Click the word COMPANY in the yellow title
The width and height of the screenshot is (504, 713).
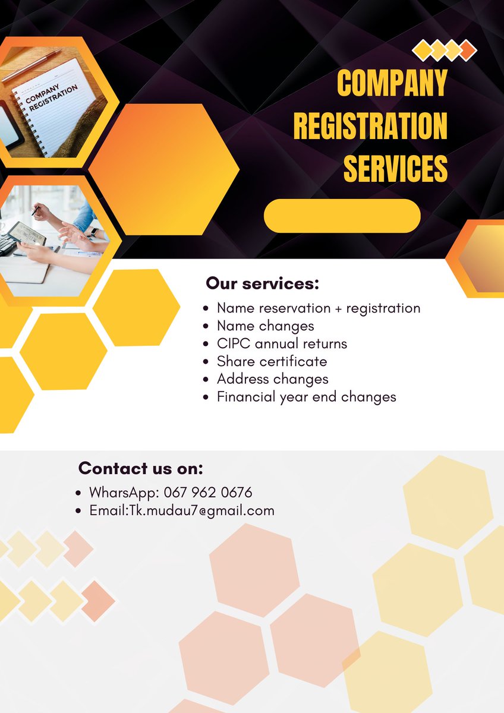coord(392,83)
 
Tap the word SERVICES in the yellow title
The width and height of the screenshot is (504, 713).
coord(395,168)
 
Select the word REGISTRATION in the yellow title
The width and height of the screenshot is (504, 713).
coord(370,126)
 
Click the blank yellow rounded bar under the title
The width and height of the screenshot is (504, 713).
coord(342,216)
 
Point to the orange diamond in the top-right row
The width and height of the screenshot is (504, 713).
coord(468,50)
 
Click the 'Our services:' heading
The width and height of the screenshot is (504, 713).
coord(262,283)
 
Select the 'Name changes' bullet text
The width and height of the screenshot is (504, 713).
coord(265,326)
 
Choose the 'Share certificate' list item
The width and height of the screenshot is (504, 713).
coord(272,361)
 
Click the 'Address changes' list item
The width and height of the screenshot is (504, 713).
coord(272,379)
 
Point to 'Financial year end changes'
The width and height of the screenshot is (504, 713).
coord(306,397)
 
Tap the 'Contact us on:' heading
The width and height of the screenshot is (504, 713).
coord(141,468)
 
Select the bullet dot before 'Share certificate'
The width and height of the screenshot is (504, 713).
coord(205,362)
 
